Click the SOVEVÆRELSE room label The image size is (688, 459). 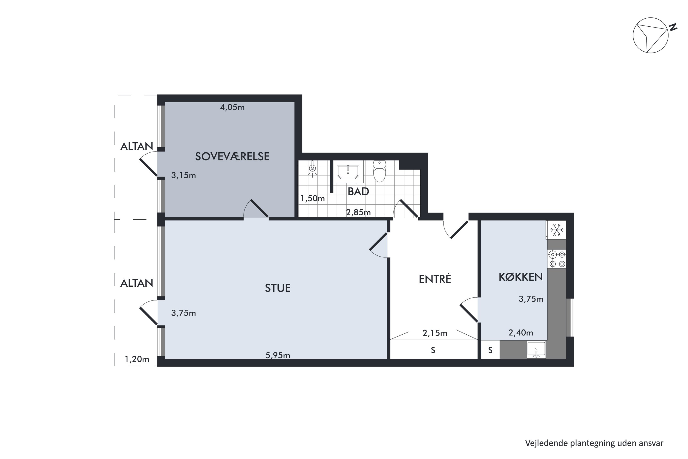pyautogui.click(x=232, y=157)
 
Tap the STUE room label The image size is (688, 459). pyautogui.click(x=277, y=288)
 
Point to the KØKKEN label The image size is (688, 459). pyautogui.click(x=521, y=277)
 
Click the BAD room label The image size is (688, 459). pyautogui.click(x=358, y=191)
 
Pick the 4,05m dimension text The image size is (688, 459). pyautogui.click(x=232, y=107)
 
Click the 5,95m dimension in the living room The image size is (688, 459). pyautogui.click(x=277, y=355)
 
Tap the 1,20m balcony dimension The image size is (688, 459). pyautogui.click(x=137, y=359)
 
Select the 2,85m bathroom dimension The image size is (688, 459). pyautogui.click(x=358, y=213)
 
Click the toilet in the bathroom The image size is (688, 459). pyautogui.click(x=379, y=171)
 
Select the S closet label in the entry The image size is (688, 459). pyautogui.click(x=433, y=350)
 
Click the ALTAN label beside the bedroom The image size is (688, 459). pyautogui.click(x=137, y=146)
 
